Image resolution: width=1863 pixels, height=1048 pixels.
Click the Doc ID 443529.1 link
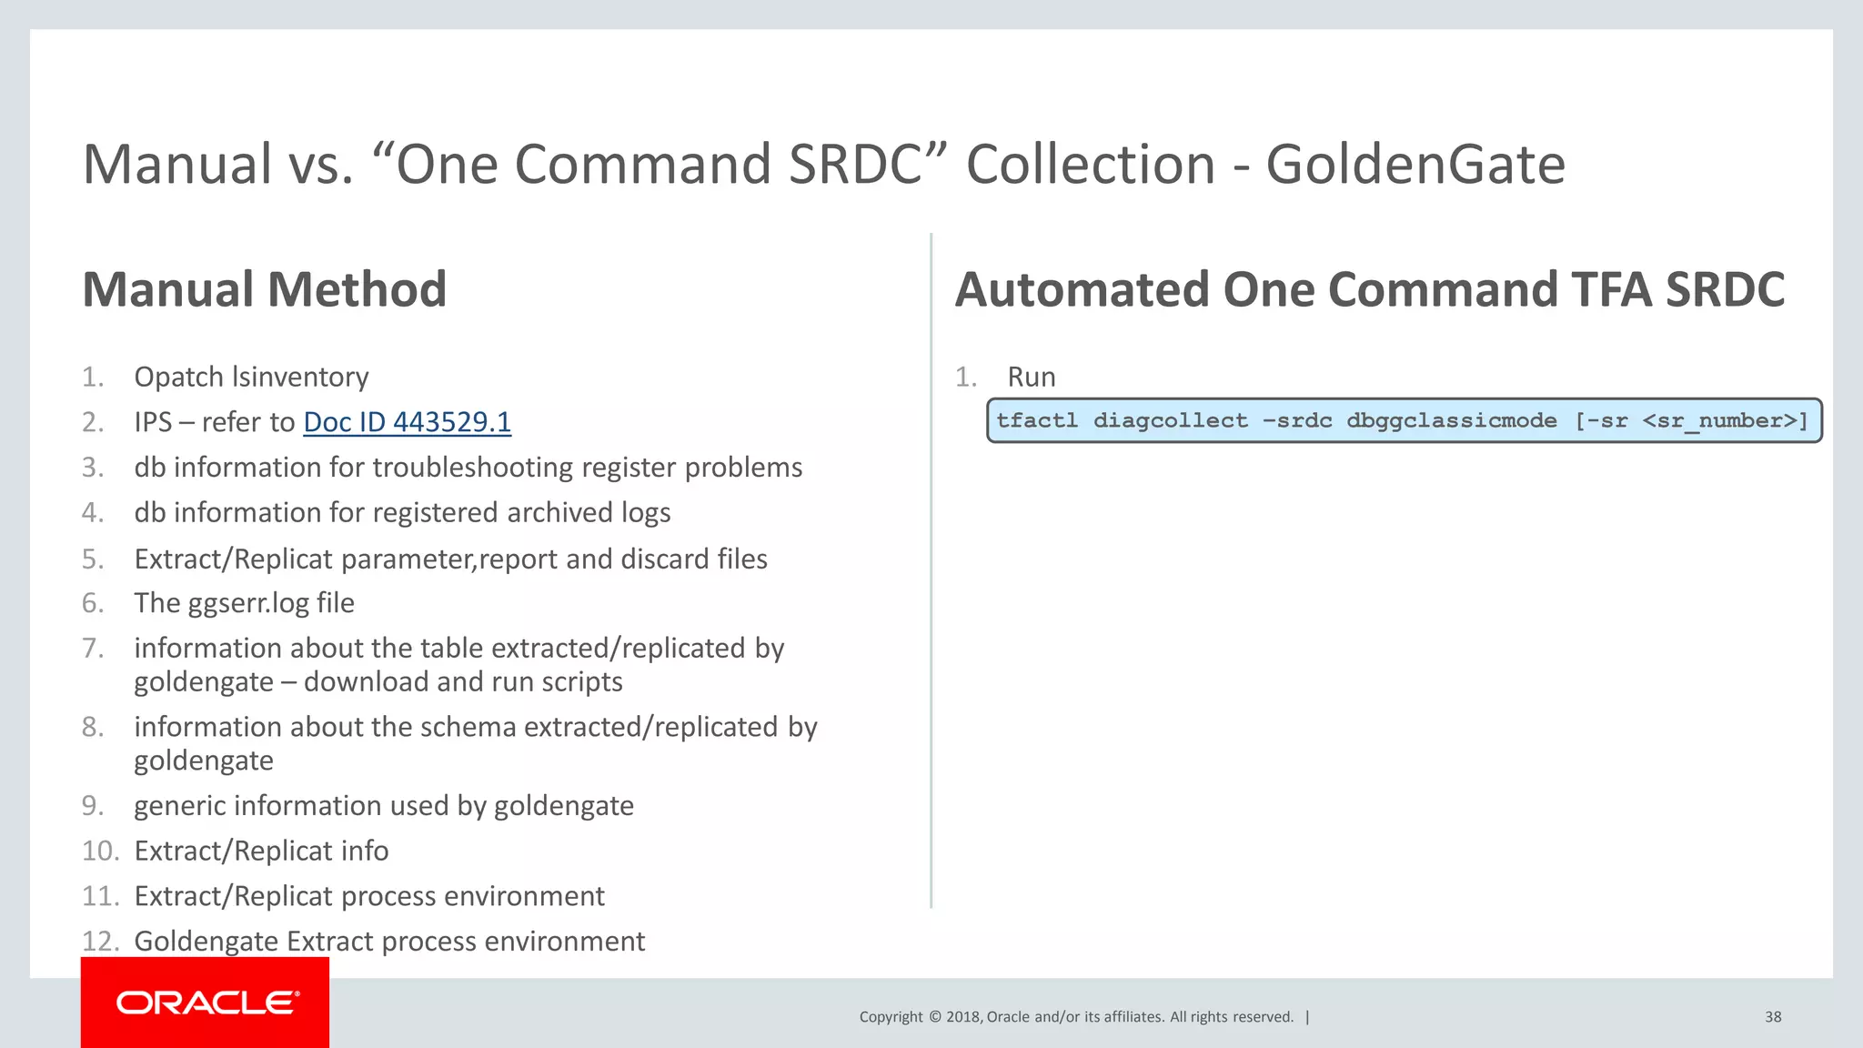pyautogui.click(x=407, y=422)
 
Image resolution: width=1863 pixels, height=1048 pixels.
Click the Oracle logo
pyautogui.click(x=206, y=1003)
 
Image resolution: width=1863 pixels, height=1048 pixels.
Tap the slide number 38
pyautogui.click(x=1772, y=1017)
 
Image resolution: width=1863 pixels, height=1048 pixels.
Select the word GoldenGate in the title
pyautogui.click(x=1415, y=165)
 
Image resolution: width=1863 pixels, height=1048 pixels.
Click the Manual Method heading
pyautogui.click(x=264, y=289)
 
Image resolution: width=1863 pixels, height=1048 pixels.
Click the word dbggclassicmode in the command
pyautogui.click(x=1451, y=420)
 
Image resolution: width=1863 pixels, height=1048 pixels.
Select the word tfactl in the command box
pyautogui.click(x=1036, y=420)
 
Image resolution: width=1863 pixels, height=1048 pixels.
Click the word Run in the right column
pyautogui.click(x=1031, y=377)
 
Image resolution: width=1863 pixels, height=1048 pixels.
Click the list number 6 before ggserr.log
pyautogui.click(x=92, y=603)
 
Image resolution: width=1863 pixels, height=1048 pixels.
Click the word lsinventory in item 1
pyautogui.click(x=300, y=377)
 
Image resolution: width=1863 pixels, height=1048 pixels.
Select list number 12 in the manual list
pyautogui.click(x=99, y=941)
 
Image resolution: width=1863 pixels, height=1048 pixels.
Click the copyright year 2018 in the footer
pyautogui.click(x=962, y=1017)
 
